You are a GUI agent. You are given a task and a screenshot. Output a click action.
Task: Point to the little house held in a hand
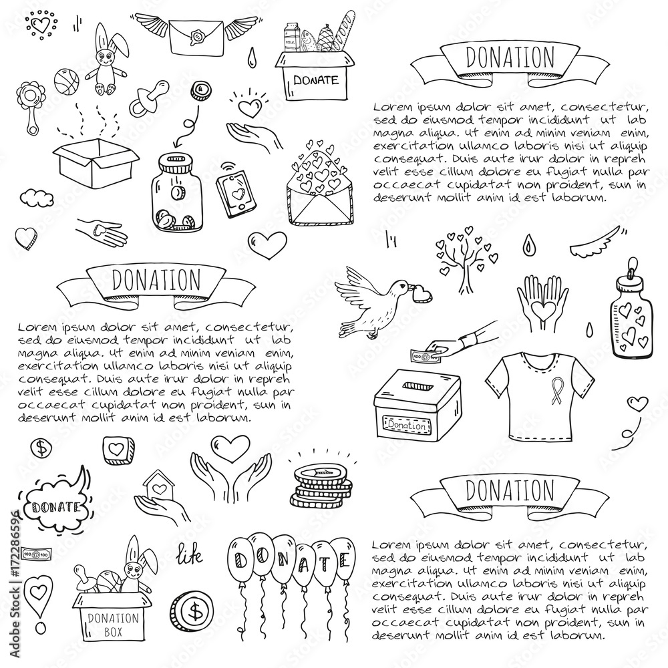tap(157, 486)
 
